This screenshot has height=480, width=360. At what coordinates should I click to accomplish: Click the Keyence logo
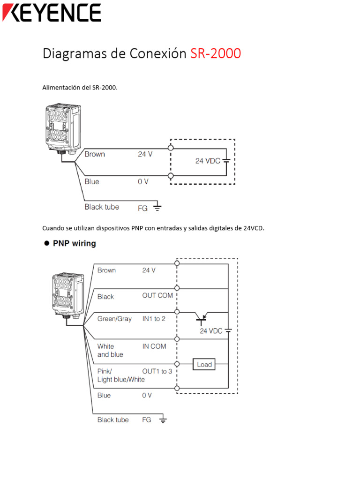tap(52, 13)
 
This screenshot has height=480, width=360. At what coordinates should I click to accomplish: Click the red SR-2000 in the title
tap(216, 53)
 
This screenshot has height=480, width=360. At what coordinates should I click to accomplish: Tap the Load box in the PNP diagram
tap(204, 364)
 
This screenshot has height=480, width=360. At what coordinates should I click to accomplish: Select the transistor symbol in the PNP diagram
tap(202, 317)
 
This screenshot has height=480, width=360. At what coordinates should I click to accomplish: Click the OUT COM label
tap(157, 296)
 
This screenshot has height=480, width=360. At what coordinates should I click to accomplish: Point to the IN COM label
tap(154, 346)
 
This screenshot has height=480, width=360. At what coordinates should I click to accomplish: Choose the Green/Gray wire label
tap(114, 319)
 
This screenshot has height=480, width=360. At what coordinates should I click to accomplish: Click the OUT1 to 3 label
tap(157, 371)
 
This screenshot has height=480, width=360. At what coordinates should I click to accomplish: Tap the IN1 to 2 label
tap(154, 319)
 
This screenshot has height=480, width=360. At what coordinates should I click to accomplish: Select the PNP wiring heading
tap(74, 243)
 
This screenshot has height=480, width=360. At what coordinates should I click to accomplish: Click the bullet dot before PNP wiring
tap(46, 243)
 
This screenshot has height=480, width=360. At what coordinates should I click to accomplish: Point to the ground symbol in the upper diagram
tap(157, 206)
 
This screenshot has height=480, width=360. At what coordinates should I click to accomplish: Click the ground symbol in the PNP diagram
tap(163, 420)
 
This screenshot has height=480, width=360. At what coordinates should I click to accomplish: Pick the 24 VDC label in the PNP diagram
tap(211, 331)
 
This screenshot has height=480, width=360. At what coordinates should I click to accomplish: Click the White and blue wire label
tap(110, 351)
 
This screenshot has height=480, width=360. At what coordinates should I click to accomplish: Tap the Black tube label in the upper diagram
tap(102, 207)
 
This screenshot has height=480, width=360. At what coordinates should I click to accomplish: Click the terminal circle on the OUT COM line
tap(177, 287)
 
